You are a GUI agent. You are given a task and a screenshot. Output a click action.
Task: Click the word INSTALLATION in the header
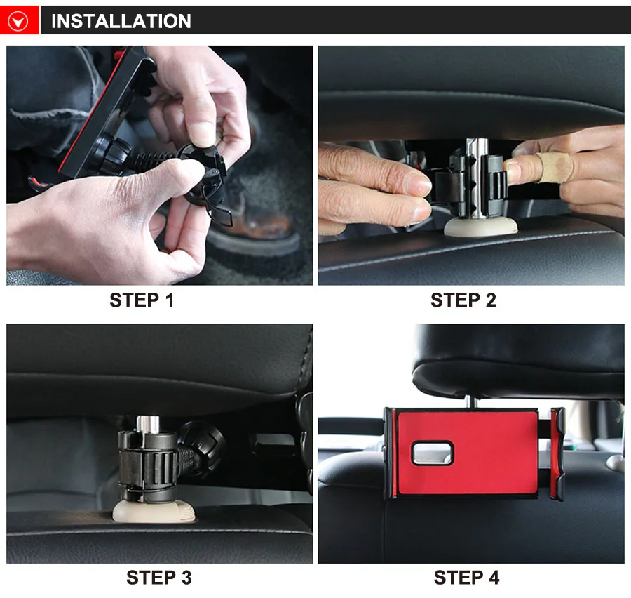coord(121,21)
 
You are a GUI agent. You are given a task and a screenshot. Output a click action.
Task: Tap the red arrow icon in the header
coord(18,20)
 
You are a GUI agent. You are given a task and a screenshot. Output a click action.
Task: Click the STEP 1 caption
coord(142,300)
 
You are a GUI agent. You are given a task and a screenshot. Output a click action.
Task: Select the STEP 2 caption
coord(463,300)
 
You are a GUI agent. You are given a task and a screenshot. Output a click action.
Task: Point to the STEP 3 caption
coord(159,578)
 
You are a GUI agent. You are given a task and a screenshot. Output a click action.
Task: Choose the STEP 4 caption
coord(466,578)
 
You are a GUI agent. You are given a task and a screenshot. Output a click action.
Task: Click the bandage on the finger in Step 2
coord(554,166)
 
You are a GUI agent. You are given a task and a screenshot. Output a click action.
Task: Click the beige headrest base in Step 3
coord(154,511)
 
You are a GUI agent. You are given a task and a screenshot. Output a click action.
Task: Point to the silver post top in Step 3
coord(148,423)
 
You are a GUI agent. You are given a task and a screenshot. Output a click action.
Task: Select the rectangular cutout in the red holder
coord(432,453)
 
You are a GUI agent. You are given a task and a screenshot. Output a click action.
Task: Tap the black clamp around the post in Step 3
coord(147,465)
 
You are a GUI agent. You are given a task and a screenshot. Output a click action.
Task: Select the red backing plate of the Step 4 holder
coord(467,453)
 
